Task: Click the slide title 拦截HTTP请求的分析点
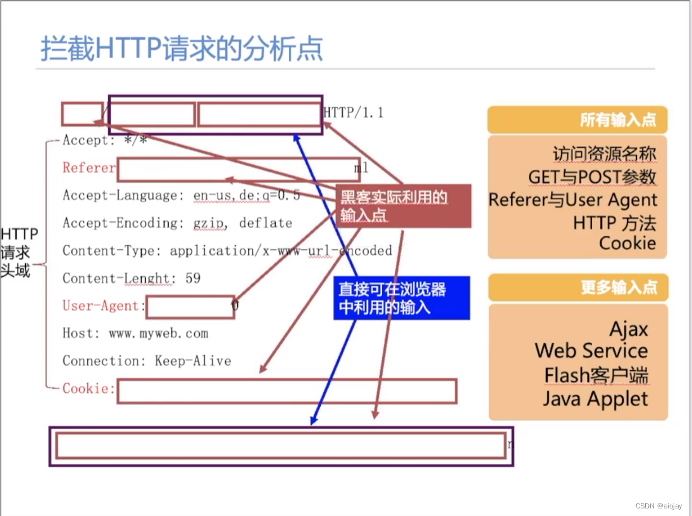(182, 49)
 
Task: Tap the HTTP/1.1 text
(354, 113)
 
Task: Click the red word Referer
(89, 168)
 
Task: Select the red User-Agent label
(101, 306)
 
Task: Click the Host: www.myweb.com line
(135, 333)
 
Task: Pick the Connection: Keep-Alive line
(147, 361)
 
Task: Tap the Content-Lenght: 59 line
(132, 278)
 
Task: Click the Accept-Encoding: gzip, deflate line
(177, 223)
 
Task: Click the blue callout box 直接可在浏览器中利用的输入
(402, 298)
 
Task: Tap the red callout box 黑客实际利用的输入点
(404, 206)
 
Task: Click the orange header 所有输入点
(577, 120)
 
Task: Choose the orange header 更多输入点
(577, 288)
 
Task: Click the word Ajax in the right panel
(628, 329)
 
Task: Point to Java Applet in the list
(595, 399)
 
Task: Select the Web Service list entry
(591, 351)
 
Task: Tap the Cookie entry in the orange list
(627, 243)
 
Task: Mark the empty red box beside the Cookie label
(287, 391)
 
